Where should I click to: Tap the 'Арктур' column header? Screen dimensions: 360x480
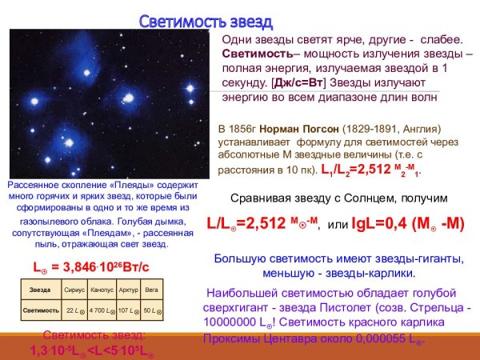pos(129,289)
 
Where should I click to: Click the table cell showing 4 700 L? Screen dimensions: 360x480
pos(102,310)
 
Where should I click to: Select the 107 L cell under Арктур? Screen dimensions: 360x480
pos(128,310)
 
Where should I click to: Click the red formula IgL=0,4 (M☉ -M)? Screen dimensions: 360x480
pos(408,224)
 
